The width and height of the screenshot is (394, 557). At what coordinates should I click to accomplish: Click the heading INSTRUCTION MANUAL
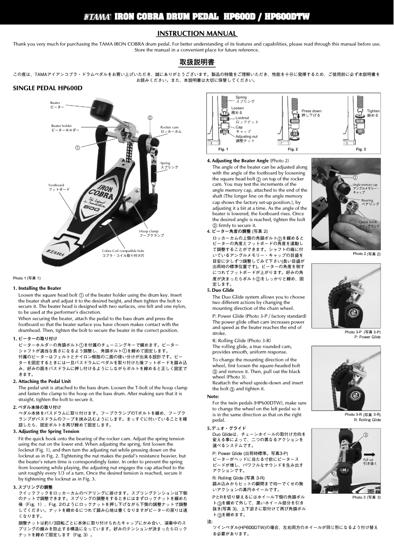(197, 34)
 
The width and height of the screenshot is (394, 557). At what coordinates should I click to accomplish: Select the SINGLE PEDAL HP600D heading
(47, 89)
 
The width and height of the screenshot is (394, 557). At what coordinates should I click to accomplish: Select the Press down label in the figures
(311, 111)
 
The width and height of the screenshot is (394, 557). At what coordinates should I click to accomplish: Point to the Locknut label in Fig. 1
(243, 118)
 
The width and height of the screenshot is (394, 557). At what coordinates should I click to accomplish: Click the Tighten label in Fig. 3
(373, 111)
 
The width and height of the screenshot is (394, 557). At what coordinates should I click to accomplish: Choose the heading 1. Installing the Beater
(37, 288)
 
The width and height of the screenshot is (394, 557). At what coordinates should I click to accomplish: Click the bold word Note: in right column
(213, 396)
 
